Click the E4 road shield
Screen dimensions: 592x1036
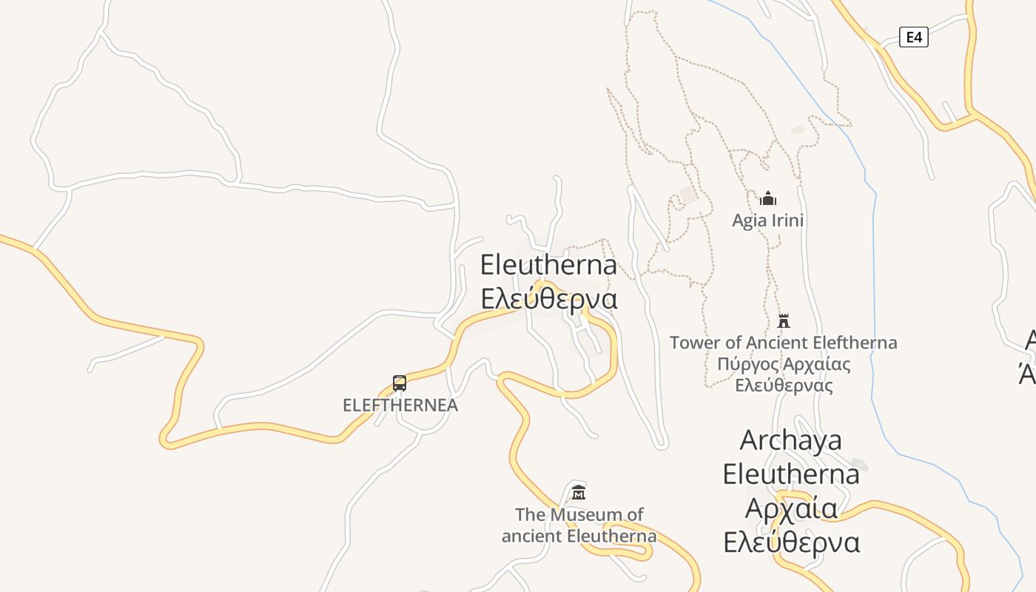913,37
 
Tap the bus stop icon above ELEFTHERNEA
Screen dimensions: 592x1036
400,383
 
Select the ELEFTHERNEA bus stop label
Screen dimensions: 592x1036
400,406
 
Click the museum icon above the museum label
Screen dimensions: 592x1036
579,492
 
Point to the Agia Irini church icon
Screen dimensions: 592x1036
768,198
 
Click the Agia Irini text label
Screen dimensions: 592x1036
768,221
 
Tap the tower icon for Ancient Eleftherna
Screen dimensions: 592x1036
784,321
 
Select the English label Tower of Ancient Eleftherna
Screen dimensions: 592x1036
783,343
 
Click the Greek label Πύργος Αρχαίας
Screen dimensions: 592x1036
784,364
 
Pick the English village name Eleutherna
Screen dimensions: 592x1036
548,265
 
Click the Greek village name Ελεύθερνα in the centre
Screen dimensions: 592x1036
548,298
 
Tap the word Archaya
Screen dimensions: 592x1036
790,440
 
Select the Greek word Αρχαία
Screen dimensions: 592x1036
790,508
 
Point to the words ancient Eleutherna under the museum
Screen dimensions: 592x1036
579,535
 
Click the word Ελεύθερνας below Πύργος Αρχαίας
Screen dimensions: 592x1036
784,386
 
